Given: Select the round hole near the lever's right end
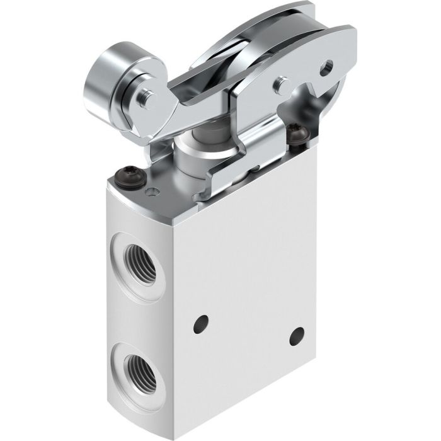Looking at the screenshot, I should (326, 64).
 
